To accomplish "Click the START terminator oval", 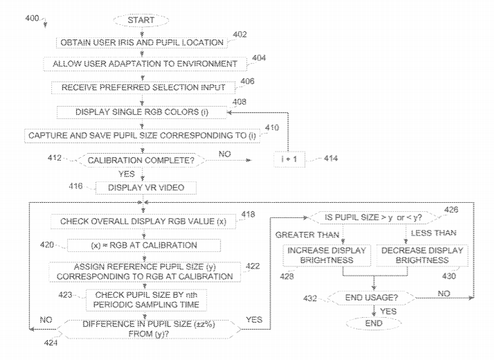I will [140, 20].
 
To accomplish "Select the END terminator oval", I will [373, 322].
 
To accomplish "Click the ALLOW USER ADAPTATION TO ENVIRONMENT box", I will [145, 64].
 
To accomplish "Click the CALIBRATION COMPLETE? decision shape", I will [142, 161].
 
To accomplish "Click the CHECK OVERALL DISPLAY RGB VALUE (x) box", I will [142, 221].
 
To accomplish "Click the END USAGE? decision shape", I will [374, 298].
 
